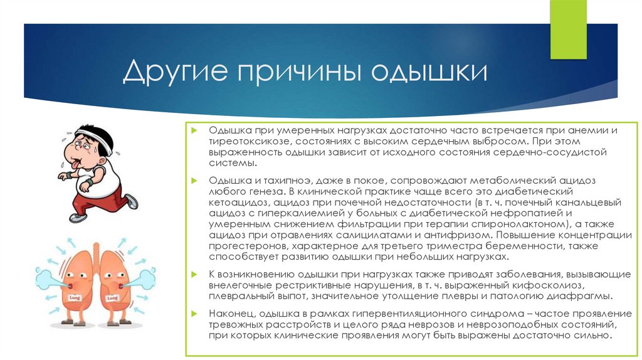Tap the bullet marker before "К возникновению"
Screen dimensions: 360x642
pyautogui.click(x=195, y=275)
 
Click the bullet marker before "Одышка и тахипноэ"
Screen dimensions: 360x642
pyautogui.click(x=195, y=180)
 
